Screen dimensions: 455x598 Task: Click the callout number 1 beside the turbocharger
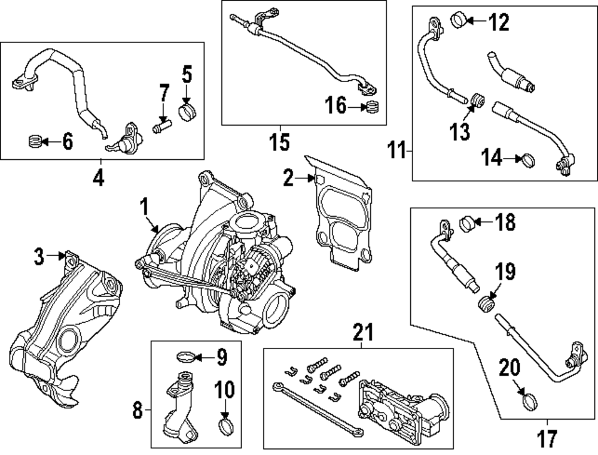(144, 207)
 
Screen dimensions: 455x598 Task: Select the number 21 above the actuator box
(362, 330)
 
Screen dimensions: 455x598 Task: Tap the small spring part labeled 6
(36, 142)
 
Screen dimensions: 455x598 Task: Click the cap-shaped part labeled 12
(459, 20)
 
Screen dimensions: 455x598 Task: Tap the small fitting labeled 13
(477, 100)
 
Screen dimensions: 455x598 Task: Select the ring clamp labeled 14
(529, 160)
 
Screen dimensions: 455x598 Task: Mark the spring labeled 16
(372, 108)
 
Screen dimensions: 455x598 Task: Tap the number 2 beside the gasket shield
(288, 178)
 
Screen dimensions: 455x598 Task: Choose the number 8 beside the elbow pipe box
(137, 410)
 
